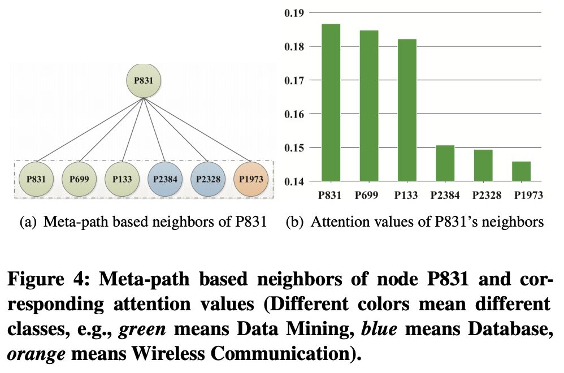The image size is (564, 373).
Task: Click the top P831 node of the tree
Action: pos(144,81)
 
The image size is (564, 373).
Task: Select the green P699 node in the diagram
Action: pos(79,179)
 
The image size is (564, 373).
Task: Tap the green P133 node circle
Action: pos(122,179)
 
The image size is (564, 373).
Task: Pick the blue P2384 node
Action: pos(165,179)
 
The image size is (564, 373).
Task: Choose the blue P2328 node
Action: pos(209,179)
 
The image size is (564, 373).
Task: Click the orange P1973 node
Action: pos(252,179)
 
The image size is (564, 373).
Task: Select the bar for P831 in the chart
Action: pos(331,103)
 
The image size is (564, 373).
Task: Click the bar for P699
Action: pos(369,106)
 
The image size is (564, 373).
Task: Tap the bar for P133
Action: pos(407,110)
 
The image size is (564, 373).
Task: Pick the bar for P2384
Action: pos(445,163)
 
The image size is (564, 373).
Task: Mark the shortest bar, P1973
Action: pos(521,171)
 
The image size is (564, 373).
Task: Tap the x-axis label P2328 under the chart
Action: pos(483,196)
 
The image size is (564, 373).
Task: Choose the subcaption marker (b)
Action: pos(294,222)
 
